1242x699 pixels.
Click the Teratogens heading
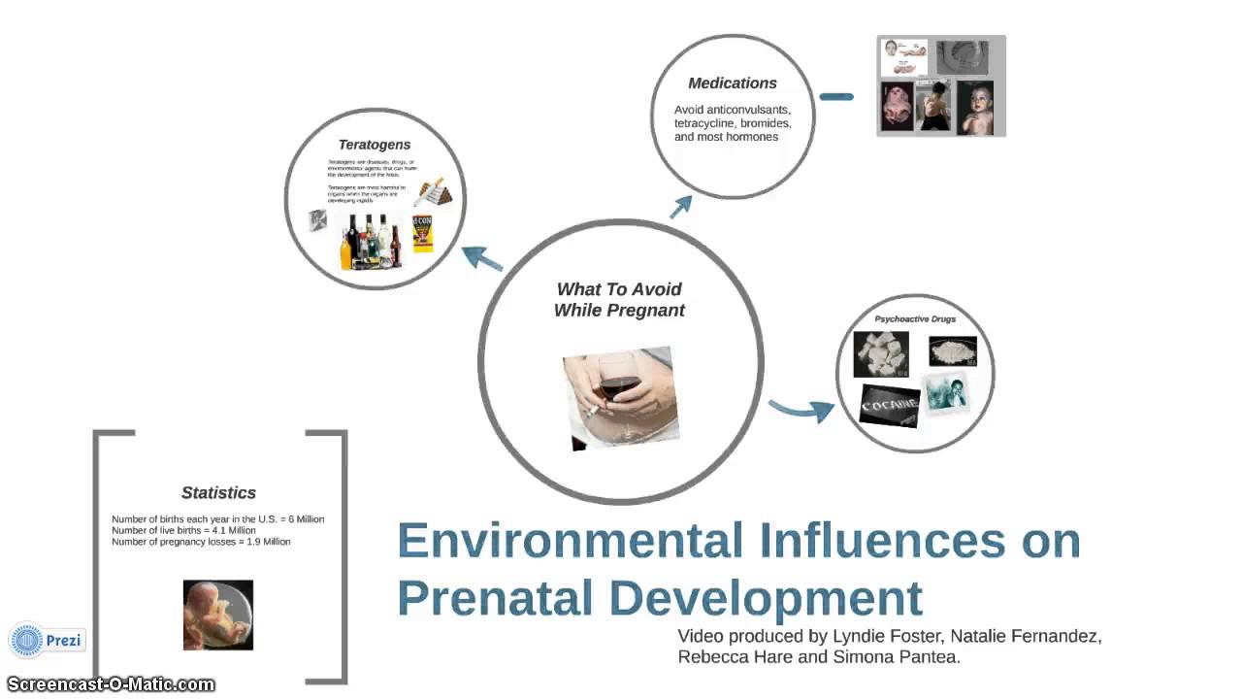[x=374, y=145]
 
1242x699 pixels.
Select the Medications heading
[x=733, y=83]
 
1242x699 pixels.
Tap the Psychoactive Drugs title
[x=915, y=318]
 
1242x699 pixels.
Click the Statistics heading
[x=218, y=493]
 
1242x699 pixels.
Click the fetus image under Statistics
[x=218, y=615]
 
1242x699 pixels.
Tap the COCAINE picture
[x=890, y=405]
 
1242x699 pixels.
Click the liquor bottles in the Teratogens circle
[x=371, y=243]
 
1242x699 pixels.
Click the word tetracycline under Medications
[x=715, y=123]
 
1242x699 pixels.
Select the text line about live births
[x=183, y=530]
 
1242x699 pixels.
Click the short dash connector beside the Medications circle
[x=835, y=97]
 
